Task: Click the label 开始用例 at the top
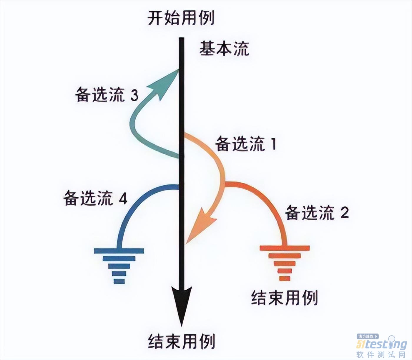click(181, 18)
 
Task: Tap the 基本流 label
click(224, 49)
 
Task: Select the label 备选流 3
click(107, 95)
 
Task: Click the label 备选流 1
click(246, 144)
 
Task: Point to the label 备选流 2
click(317, 213)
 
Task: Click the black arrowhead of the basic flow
click(182, 303)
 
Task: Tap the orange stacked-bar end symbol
click(284, 262)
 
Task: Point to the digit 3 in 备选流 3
click(134, 95)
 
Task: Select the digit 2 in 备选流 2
click(345, 213)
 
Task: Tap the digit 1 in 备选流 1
click(274, 144)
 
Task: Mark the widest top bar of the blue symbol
click(119, 251)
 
